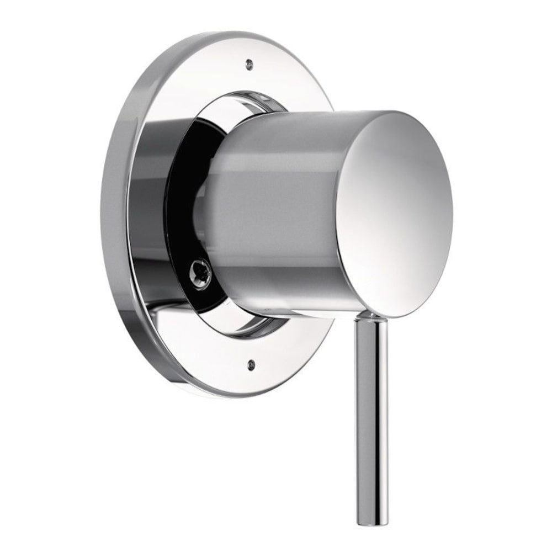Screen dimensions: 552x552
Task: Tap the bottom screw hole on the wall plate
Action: point(251,363)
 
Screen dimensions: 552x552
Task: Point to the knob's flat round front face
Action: point(395,213)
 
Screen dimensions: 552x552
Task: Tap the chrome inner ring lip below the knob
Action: point(259,326)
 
